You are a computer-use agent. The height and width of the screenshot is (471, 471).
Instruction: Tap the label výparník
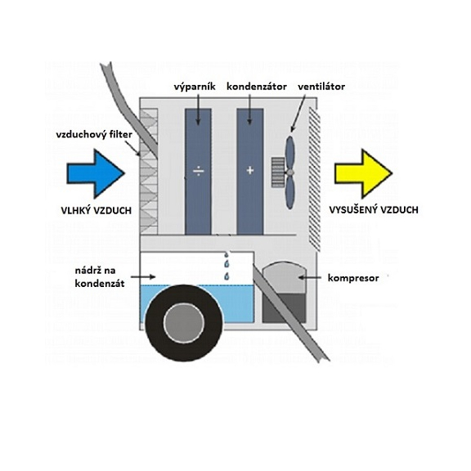click(x=195, y=85)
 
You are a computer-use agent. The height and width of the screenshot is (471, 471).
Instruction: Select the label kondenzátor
click(x=253, y=85)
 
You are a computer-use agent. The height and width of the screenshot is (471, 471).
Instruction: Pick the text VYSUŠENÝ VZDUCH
click(x=375, y=210)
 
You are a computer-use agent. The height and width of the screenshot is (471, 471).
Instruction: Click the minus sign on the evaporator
click(x=197, y=170)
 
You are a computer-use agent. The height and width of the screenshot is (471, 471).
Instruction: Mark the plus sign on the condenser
click(x=249, y=170)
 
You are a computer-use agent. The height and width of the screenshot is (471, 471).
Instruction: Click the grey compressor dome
click(x=280, y=279)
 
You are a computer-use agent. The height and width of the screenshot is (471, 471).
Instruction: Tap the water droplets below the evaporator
click(x=227, y=270)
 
